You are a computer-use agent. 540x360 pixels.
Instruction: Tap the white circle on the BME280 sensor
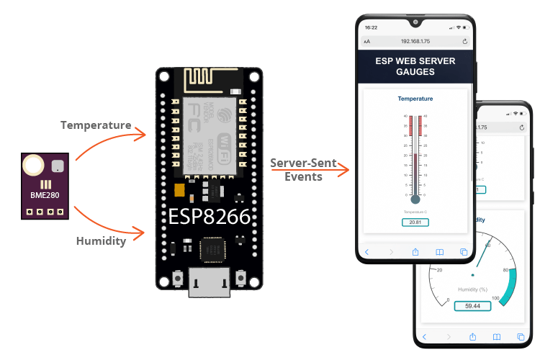pos(33,167)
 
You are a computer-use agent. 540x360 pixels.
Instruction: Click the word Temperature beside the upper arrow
pos(96,125)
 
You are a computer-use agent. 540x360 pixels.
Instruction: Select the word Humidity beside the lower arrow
pos(101,241)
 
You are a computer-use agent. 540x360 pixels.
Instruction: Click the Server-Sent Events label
pos(303,170)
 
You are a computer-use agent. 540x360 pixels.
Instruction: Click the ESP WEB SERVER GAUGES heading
pos(415,66)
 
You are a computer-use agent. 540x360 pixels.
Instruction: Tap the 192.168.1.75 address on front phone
pos(415,42)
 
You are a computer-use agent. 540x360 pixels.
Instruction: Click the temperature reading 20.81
pos(415,222)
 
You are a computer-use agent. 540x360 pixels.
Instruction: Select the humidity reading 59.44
pos(472,305)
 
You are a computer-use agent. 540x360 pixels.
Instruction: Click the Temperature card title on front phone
pos(415,98)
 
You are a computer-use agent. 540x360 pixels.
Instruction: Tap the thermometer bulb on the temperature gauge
pos(415,199)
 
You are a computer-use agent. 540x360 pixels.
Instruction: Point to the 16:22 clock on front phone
pos(372,27)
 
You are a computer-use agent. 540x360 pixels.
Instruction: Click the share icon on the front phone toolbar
pos(415,251)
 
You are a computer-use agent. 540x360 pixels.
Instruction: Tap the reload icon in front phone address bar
pos(465,42)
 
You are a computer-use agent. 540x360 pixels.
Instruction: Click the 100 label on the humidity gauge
pos(495,298)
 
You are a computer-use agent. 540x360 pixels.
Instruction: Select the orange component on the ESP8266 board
pos(180,190)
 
